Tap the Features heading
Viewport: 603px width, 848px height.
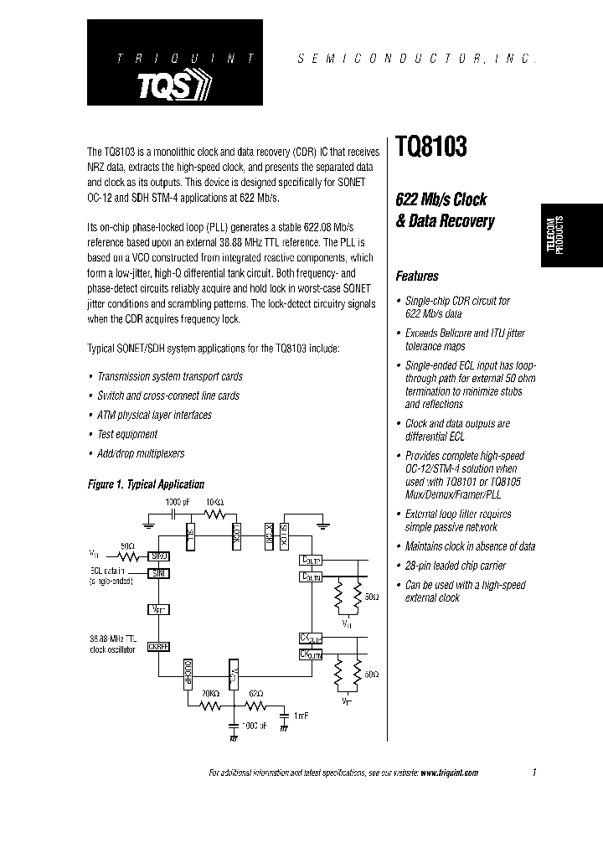pos(416,276)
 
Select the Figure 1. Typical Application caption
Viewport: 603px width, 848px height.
pos(147,484)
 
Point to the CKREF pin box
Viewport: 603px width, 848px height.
pos(159,646)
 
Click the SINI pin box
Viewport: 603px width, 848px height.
pos(159,573)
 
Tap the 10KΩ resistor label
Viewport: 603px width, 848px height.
pos(215,502)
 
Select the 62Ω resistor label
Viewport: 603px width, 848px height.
pos(256,694)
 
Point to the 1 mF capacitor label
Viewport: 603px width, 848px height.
pos(302,715)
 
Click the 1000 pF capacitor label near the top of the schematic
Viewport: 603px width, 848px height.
pos(178,502)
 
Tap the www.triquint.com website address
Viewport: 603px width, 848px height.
pos(449,773)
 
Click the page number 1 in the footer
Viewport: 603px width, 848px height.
pos(533,773)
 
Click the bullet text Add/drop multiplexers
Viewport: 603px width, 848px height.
pos(141,453)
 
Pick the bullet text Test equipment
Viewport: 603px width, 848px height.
pos(127,434)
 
